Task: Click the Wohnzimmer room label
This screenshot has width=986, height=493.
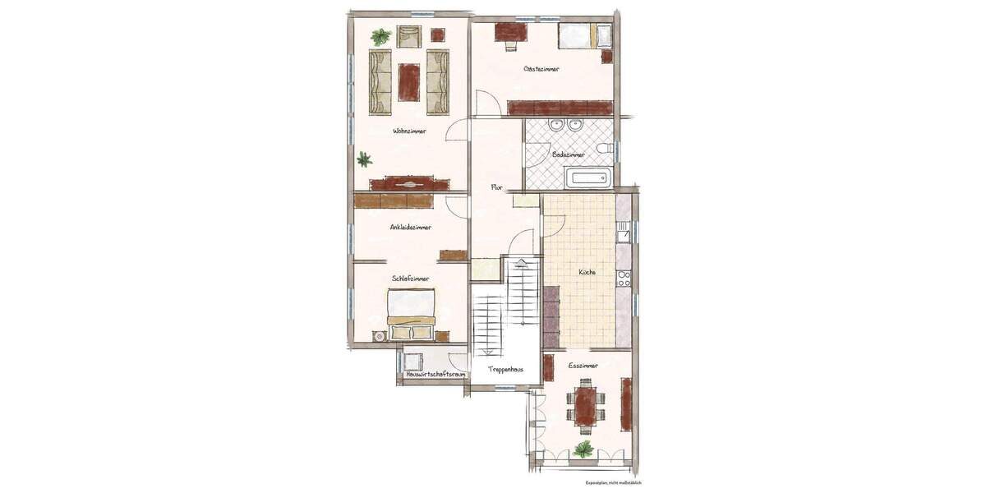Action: pyautogui.click(x=409, y=131)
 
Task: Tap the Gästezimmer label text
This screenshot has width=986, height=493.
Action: pyautogui.click(x=541, y=70)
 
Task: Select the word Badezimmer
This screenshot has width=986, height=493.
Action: pyautogui.click(x=569, y=154)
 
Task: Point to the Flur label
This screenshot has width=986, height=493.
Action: pyautogui.click(x=496, y=187)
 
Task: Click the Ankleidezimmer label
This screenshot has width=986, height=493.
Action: pyautogui.click(x=411, y=227)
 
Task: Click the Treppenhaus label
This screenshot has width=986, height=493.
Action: pyautogui.click(x=505, y=370)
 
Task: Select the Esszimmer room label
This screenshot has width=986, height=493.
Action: pyautogui.click(x=583, y=364)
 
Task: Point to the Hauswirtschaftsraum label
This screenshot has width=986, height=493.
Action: pyautogui.click(x=436, y=375)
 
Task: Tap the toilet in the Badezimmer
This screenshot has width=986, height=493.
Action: pyautogui.click(x=605, y=148)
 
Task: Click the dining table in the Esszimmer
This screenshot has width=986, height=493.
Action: pyautogui.click(x=585, y=403)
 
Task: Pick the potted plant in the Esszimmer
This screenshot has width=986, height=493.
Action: pyautogui.click(x=583, y=449)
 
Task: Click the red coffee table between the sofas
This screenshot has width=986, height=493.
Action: pyautogui.click(x=409, y=81)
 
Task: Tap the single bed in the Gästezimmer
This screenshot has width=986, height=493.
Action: pyautogui.click(x=584, y=37)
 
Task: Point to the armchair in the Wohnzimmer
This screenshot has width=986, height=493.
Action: pyautogui.click(x=409, y=36)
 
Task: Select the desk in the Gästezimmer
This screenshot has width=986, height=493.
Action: pyautogui.click(x=512, y=32)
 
